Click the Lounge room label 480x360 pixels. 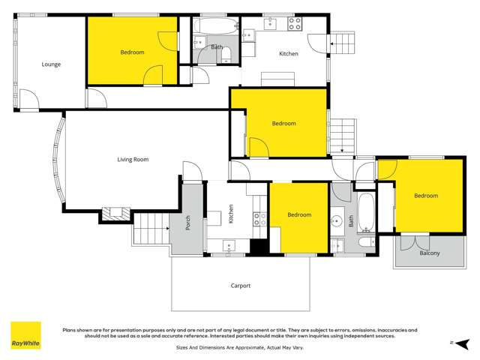[x=51, y=64]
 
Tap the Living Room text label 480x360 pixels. [x=133, y=159]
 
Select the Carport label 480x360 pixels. [x=240, y=286]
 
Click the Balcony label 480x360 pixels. [x=430, y=253]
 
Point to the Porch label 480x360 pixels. [x=188, y=223]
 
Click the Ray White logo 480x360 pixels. [x=25, y=337]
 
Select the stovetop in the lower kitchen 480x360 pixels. [x=259, y=220]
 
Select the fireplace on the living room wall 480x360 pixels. [x=115, y=214]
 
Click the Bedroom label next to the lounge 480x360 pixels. [x=133, y=52]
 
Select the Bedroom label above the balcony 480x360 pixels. [x=426, y=196]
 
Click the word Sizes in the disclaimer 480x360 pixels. [x=184, y=348]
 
